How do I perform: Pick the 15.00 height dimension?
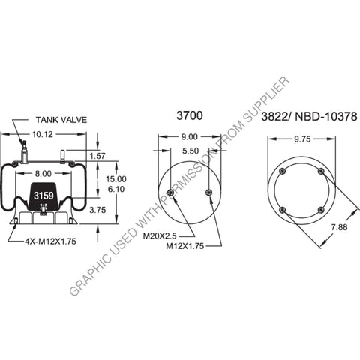(x=115, y=179)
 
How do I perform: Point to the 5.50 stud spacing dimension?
(x=189, y=151)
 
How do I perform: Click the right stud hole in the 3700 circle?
(x=209, y=193)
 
